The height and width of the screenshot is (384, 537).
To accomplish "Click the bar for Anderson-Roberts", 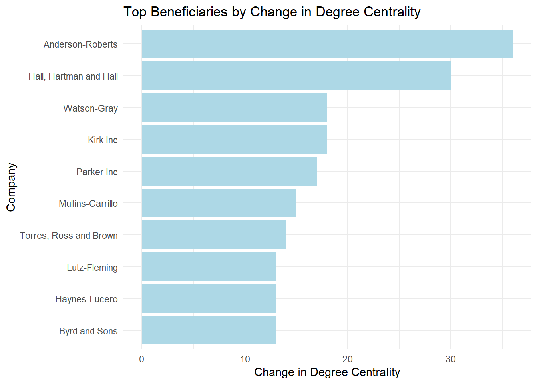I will (327, 44).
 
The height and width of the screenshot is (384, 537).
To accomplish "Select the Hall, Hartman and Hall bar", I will (296, 76).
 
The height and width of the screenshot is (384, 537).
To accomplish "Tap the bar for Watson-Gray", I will (234, 108).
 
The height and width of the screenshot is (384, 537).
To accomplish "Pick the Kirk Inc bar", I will (234, 139).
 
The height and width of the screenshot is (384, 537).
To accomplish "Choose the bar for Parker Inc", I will (229, 171).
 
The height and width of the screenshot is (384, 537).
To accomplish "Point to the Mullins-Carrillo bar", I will (219, 203).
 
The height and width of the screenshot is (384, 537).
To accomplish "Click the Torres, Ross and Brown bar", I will (214, 235).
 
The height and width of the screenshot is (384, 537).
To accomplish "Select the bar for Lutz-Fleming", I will (209, 267).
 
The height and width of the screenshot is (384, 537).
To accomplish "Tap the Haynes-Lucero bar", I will (209, 298).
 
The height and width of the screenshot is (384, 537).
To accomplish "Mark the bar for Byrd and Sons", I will (209, 330).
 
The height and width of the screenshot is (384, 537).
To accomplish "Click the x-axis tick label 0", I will (142, 359).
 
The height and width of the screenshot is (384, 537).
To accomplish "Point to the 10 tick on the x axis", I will (245, 359).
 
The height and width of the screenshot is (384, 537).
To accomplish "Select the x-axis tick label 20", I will (348, 359).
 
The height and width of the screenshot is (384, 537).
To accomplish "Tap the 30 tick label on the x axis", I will (451, 359).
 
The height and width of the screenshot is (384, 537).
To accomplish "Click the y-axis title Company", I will (11, 187).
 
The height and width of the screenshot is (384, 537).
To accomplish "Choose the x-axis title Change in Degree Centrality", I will (327, 372).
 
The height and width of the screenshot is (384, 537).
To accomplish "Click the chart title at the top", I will (272, 12).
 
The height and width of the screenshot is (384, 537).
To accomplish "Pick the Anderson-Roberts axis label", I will (81, 44).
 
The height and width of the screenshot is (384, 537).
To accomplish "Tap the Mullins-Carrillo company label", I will (88, 204).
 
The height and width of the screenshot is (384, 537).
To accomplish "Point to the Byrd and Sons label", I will (88, 331).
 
